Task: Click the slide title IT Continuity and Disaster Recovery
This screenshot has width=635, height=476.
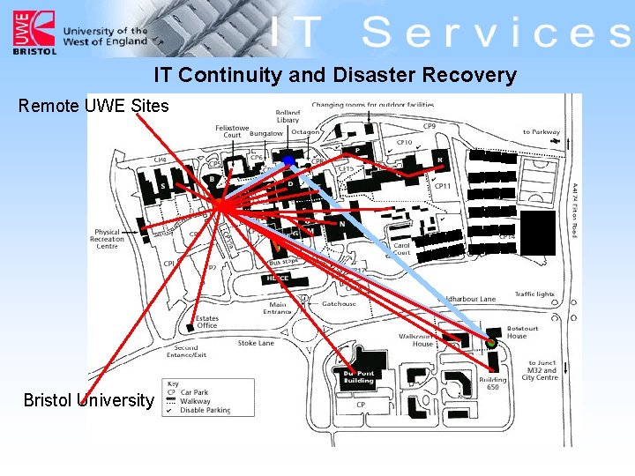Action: (x=335, y=75)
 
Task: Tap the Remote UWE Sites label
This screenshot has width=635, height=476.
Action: (x=93, y=107)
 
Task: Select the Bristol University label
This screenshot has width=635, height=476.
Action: (x=88, y=400)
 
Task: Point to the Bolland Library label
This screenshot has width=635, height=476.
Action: (x=288, y=116)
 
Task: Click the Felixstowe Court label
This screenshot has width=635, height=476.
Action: (x=232, y=130)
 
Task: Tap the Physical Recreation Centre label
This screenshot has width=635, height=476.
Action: (x=108, y=239)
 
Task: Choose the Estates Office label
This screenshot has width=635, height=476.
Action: (x=207, y=322)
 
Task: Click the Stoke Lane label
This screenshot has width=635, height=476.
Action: (x=256, y=343)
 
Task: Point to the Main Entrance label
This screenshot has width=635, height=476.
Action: (x=278, y=309)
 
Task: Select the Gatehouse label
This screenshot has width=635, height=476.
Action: (x=339, y=304)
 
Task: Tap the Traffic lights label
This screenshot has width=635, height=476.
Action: (x=534, y=294)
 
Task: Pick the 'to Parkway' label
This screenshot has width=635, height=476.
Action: (x=541, y=132)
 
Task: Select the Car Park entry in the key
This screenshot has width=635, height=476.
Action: (x=195, y=392)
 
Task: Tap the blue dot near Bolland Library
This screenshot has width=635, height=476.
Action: (x=288, y=160)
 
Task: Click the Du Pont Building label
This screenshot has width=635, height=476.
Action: (x=358, y=376)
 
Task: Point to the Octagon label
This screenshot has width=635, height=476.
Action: (x=305, y=132)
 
